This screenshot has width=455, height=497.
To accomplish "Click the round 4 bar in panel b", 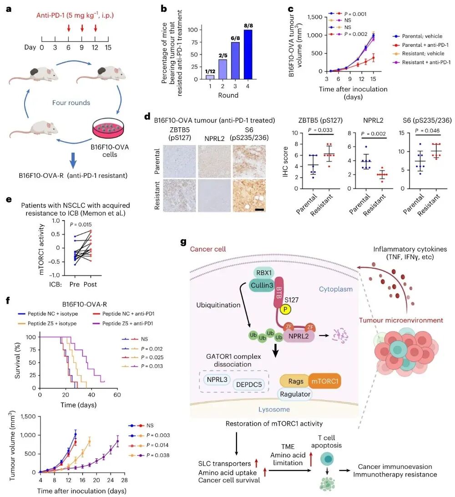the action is point(248,54).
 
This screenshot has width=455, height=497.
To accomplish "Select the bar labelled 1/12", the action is point(210,77).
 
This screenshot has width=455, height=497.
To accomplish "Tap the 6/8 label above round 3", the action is point(235,38).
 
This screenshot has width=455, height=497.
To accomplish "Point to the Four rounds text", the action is point(71,103).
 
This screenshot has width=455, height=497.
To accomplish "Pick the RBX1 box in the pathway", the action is point(264,273).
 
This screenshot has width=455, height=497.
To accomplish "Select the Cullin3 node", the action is point(262,285).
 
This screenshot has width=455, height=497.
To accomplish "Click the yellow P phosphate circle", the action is point(285,309).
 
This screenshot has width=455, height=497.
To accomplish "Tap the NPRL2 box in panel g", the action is point(298,336).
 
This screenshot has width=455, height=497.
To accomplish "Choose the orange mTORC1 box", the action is point(324,382).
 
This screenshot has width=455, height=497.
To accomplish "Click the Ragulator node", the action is point(295,394).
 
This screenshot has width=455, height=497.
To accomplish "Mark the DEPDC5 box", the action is point(249,385).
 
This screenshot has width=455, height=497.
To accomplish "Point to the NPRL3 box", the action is point(217,379).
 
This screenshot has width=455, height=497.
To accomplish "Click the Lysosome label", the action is point(274,409).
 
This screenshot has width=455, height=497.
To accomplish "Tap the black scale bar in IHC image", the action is point(259,210).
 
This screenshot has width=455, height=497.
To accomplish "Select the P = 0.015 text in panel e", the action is point(81,225).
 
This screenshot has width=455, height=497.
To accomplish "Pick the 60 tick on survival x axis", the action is point(117,395).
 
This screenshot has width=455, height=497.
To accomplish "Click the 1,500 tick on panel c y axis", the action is point(314,17).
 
